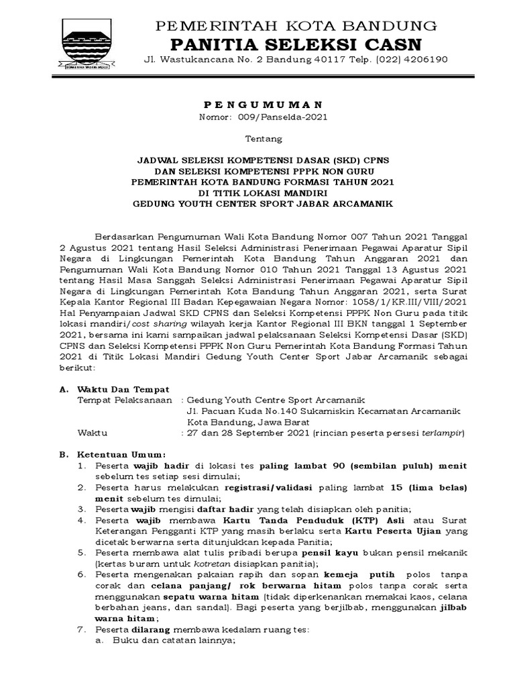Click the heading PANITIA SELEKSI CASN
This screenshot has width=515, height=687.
290,44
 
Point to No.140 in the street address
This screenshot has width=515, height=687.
274,411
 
